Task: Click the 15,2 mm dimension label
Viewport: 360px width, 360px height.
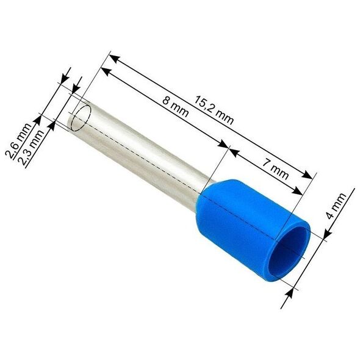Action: pos(214,110)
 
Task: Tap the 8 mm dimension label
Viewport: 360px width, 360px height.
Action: pos(176,107)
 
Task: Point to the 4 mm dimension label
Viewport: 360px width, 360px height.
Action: pos(336,206)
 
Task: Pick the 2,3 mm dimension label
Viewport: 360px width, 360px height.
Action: pos(32,148)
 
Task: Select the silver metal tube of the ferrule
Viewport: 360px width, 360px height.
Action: pos(140,151)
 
